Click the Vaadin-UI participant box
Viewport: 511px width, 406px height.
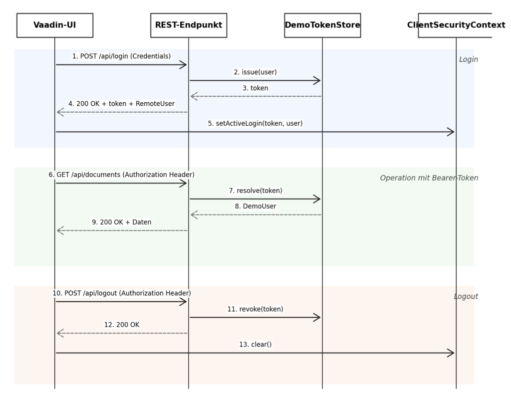tap(55, 25)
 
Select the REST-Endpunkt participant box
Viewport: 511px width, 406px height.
tap(189, 25)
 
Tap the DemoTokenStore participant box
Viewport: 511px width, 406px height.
tap(323, 25)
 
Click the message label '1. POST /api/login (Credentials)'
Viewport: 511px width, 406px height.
tap(122, 56)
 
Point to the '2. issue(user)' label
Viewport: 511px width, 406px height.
tap(255, 72)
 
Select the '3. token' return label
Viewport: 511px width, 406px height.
tap(255, 88)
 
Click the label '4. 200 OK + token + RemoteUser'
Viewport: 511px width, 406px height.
tap(122, 104)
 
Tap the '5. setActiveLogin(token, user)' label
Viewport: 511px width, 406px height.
tap(255, 123)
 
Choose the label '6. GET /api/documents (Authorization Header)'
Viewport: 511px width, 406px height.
tap(122, 175)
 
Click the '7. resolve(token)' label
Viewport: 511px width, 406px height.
tap(255, 191)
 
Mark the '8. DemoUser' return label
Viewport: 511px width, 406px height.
tap(255, 206)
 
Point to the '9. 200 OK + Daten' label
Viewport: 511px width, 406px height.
tap(122, 222)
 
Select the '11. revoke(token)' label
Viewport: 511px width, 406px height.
tap(255, 309)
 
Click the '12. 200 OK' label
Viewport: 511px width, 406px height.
tap(122, 325)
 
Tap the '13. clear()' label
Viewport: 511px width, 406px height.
tap(255, 345)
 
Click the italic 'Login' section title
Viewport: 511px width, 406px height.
tap(469, 59)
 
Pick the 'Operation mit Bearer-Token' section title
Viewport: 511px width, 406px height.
tap(429, 178)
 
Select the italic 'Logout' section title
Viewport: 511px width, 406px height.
tap(466, 296)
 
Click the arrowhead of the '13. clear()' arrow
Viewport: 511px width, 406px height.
tap(454, 353)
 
